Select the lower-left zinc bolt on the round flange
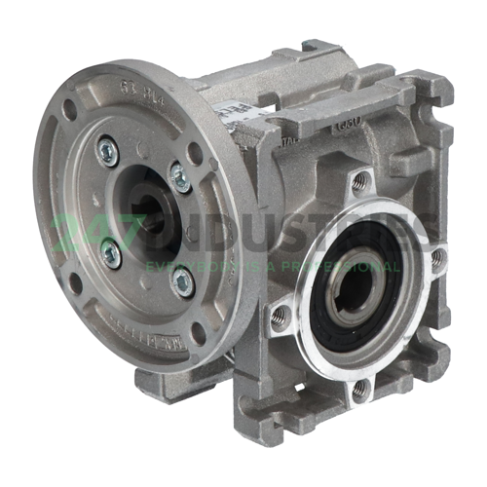pos(111,253)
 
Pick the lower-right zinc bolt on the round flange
pos(182,281)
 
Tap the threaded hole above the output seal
pos(359,180)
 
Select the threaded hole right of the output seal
pos(437,258)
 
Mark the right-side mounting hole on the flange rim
pos(195,153)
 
